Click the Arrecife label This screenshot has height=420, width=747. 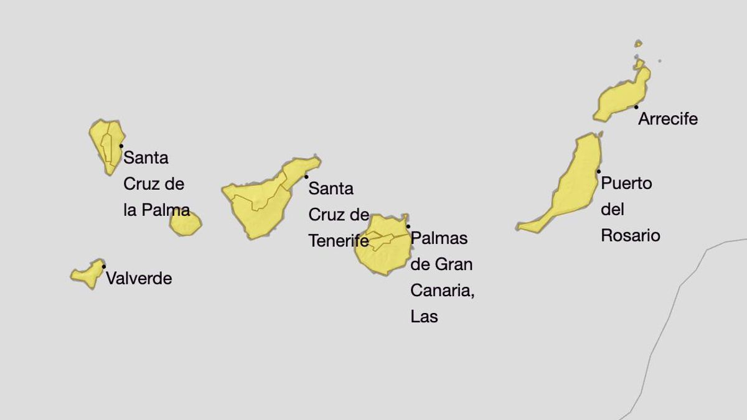click(668, 119)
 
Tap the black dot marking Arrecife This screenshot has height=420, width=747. click(636, 107)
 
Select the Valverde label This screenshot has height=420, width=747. click(139, 278)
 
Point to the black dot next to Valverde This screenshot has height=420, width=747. click(104, 267)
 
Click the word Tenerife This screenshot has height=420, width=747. click(339, 241)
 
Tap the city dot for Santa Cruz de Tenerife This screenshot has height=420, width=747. click(306, 177)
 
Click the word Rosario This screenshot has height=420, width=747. click(630, 236)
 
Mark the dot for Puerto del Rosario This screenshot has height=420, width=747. click(599, 171)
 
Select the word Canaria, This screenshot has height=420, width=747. click(442, 291)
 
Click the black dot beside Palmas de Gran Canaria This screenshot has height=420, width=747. click(408, 226)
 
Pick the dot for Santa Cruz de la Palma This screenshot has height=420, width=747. click(121, 146)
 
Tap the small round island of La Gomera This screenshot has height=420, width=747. click(185, 224)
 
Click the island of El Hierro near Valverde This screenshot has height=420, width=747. click(87, 274)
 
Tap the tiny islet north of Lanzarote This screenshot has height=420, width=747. click(638, 44)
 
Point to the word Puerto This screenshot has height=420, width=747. click(626, 184)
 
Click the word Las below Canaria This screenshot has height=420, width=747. click(424, 317)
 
